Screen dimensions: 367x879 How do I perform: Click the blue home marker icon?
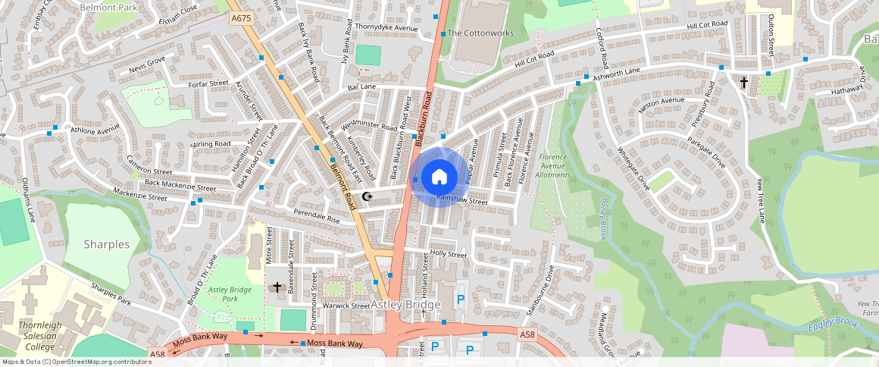(x=439, y=177)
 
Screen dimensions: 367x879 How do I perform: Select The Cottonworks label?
(x=480, y=33)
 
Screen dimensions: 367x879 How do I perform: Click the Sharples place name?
(x=107, y=245)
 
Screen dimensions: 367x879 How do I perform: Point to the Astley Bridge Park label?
(x=230, y=294)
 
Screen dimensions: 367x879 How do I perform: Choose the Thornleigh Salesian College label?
(x=36, y=336)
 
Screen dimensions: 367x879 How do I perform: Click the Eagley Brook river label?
(x=831, y=322)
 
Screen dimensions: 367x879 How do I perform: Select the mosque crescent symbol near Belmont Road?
(x=368, y=196)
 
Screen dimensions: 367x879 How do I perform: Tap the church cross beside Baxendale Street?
(x=277, y=287)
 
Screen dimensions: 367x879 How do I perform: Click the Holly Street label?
(x=449, y=254)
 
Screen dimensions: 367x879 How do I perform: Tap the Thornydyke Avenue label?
(x=386, y=29)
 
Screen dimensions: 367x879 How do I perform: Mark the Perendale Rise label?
(x=317, y=215)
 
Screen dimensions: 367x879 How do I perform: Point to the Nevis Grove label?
(x=147, y=64)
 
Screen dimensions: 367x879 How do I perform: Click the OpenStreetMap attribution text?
(x=77, y=362)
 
